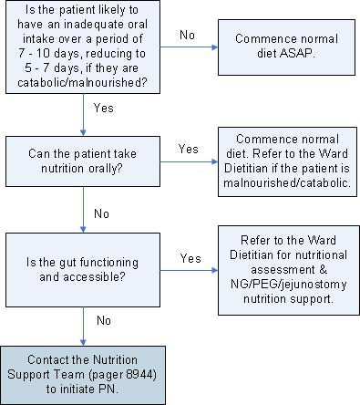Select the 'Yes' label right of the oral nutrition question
click(189, 149)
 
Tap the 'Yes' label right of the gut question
click(189, 259)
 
